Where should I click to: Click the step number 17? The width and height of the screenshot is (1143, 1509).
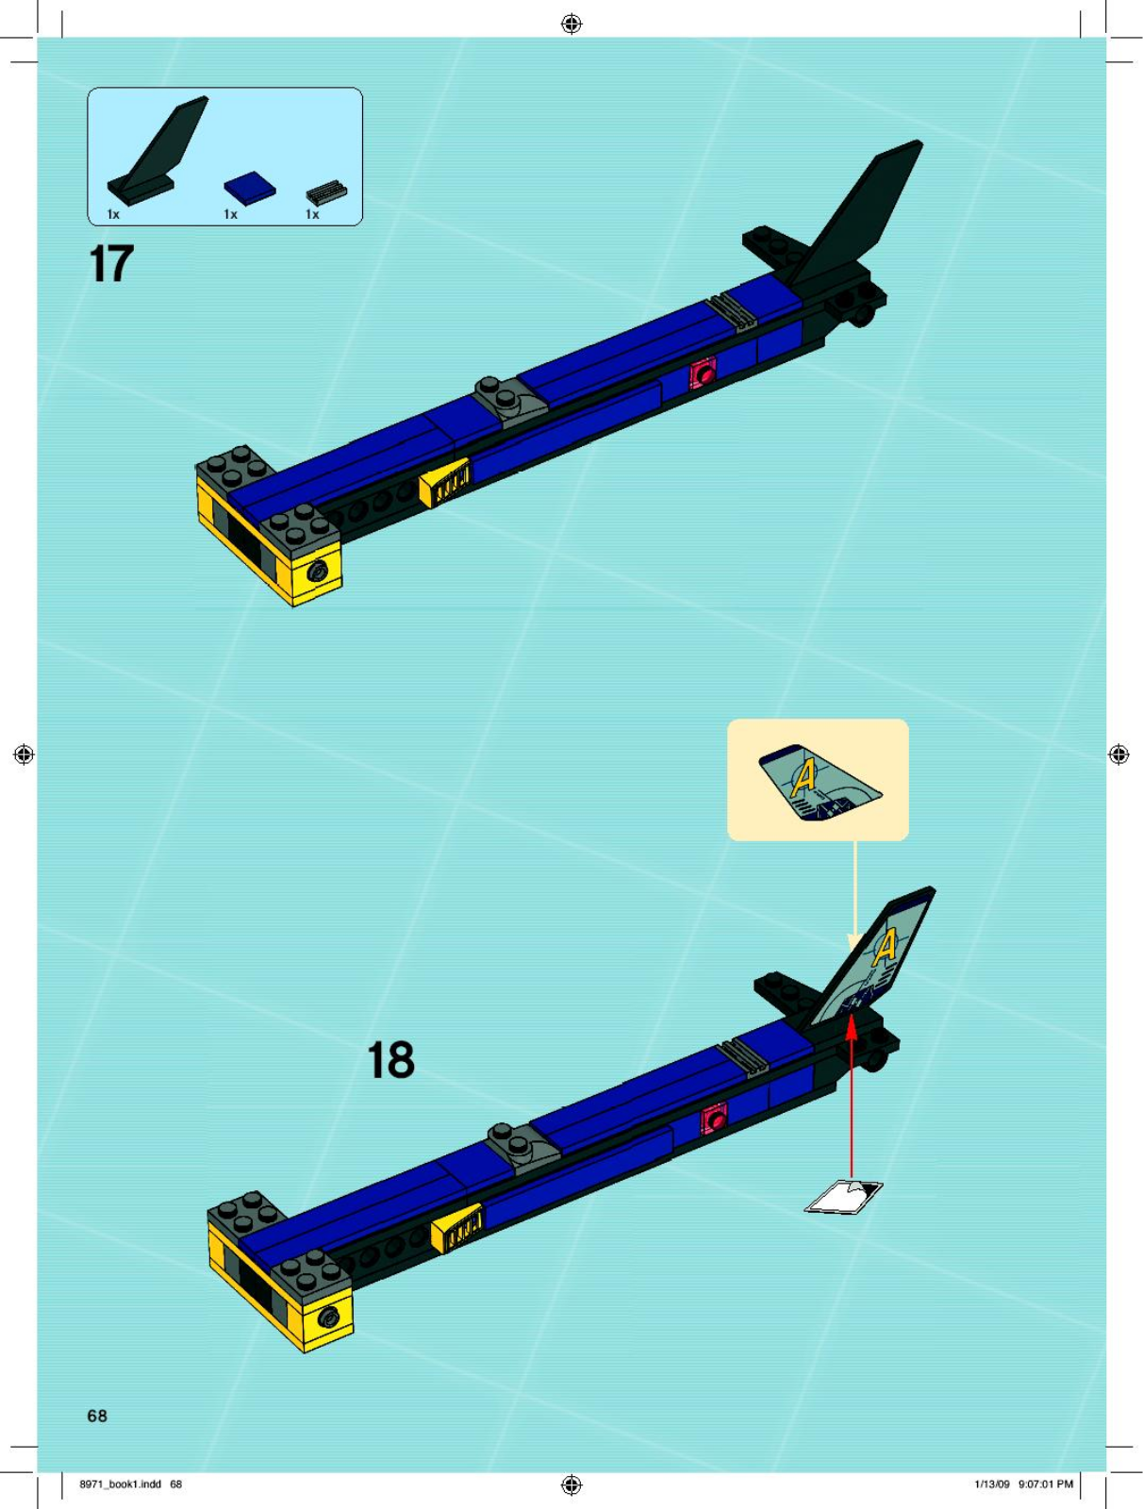111,264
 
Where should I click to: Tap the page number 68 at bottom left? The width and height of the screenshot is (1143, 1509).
97,1416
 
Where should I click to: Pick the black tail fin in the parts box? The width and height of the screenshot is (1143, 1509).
157,150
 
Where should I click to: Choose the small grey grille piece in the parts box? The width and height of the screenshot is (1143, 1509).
326,192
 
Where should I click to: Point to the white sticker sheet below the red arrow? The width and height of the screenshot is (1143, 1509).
844,1197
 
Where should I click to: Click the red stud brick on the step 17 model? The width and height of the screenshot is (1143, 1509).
704,373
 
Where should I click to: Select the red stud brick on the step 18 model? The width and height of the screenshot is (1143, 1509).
715,1120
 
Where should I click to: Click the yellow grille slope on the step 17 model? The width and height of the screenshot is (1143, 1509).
445,483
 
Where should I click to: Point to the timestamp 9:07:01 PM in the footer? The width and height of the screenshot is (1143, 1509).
1046,1484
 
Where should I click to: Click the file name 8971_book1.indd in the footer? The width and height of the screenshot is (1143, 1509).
121,1484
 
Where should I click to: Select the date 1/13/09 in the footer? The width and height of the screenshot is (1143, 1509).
992,1484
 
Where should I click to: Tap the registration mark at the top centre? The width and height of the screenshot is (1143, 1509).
571,25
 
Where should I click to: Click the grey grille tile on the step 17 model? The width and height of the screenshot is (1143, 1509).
733,313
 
